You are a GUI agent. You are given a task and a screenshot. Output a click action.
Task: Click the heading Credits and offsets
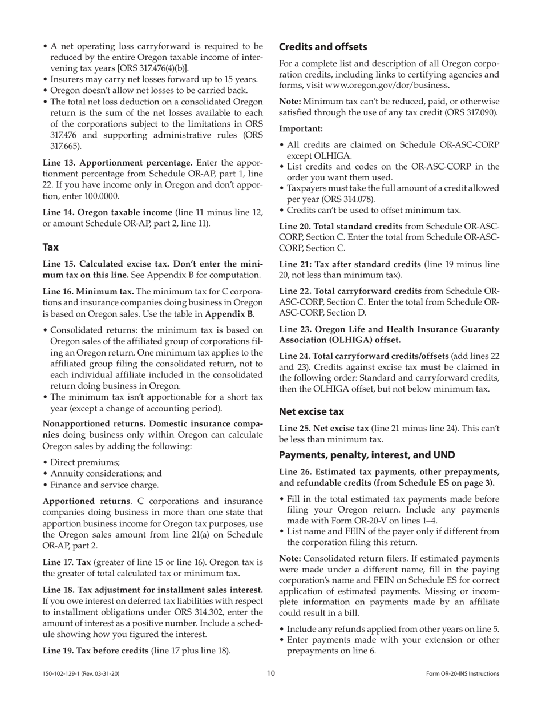tap(323, 47)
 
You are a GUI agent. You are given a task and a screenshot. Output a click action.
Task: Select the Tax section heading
tap(51, 247)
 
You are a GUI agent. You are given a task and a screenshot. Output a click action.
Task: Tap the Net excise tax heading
tap(312, 411)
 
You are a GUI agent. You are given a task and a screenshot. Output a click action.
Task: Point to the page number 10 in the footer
tap(271, 673)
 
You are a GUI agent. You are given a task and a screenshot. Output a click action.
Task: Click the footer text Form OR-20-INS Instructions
tap(462, 674)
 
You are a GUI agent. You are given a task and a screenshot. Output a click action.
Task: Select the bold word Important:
tap(301, 129)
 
